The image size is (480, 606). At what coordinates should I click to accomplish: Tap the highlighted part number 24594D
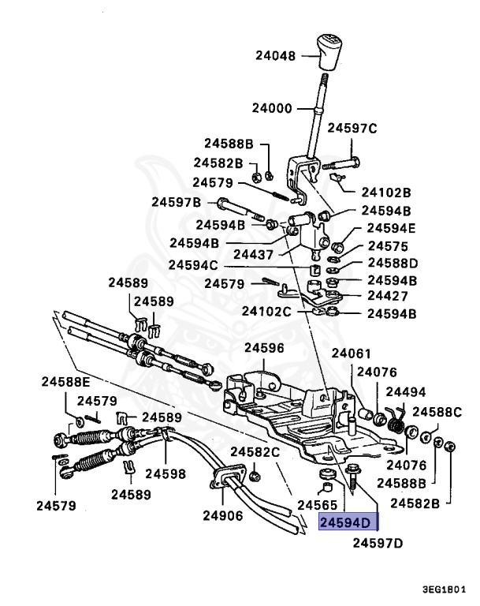pyautogui.click(x=348, y=522)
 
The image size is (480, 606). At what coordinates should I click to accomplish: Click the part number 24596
pyautogui.click(x=264, y=347)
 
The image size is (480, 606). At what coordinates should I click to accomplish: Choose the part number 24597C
pyautogui.click(x=352, y=128)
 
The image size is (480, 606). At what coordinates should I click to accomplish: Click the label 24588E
pyautogui.click(x=65, y=382)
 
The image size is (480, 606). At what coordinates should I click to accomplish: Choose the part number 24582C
pyautogui.click(x=255, y=452)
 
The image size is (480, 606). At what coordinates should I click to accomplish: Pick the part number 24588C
pyautogui.click(x=437, y=411)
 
